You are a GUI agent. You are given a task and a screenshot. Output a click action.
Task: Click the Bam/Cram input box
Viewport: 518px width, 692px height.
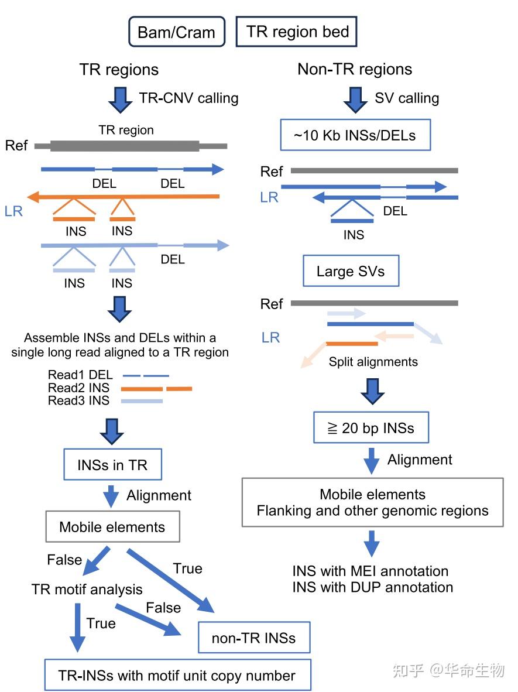pyautogui.click(x=176, y=32)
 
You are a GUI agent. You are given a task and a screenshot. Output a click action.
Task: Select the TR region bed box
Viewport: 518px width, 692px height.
pyautogui.click(x=297, y=32)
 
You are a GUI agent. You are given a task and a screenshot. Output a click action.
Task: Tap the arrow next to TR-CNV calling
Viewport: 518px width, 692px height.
pyautogui.click(x=121, y=99)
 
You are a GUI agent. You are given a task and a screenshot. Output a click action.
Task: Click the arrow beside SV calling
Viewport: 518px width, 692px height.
pyautogui.click(x=355, y=99)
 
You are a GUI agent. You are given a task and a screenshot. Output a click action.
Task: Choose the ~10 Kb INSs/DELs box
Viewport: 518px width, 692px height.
pyautogui.click(x=355, y=136)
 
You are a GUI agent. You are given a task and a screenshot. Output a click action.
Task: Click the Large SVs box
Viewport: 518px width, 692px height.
pyautogui.click(x=350, y=271)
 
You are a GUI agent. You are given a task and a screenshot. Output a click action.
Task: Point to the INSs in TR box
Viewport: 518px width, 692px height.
pyautogui.click(x=112, y=465)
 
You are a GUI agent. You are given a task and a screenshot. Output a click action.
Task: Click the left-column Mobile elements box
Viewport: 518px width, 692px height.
pyautogui.click(x=112, y=527)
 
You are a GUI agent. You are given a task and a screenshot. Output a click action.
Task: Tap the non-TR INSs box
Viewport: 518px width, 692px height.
pyautogui.click(x=253, y=638)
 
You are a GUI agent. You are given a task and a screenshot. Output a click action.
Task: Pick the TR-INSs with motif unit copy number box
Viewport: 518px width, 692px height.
pyautogui.click(x=177, y=676)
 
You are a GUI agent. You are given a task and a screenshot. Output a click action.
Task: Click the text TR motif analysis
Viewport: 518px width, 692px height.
pyautogui.click(x=87, y=589)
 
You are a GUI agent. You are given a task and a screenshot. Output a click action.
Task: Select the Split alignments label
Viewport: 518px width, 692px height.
pyautogui.click(x=373, y=362)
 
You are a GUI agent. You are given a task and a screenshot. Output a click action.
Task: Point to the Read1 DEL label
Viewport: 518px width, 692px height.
pyautogui.click(x=80, y=375)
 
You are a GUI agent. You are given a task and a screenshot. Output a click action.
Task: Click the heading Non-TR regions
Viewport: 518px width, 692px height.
pyautogui.click(x=355, y=69)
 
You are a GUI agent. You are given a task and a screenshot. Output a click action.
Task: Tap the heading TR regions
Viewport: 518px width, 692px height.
pyautogui.click(x=119, y=70)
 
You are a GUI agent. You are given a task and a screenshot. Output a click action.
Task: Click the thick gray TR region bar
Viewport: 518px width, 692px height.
pyautogui.click(x=125, y=146)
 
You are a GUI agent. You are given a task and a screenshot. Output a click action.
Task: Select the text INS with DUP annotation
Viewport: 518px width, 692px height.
pyautogui.click(x=372, y=587)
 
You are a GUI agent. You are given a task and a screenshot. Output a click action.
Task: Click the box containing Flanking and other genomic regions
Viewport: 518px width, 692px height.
pyautogui.click(x=372, y=502)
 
